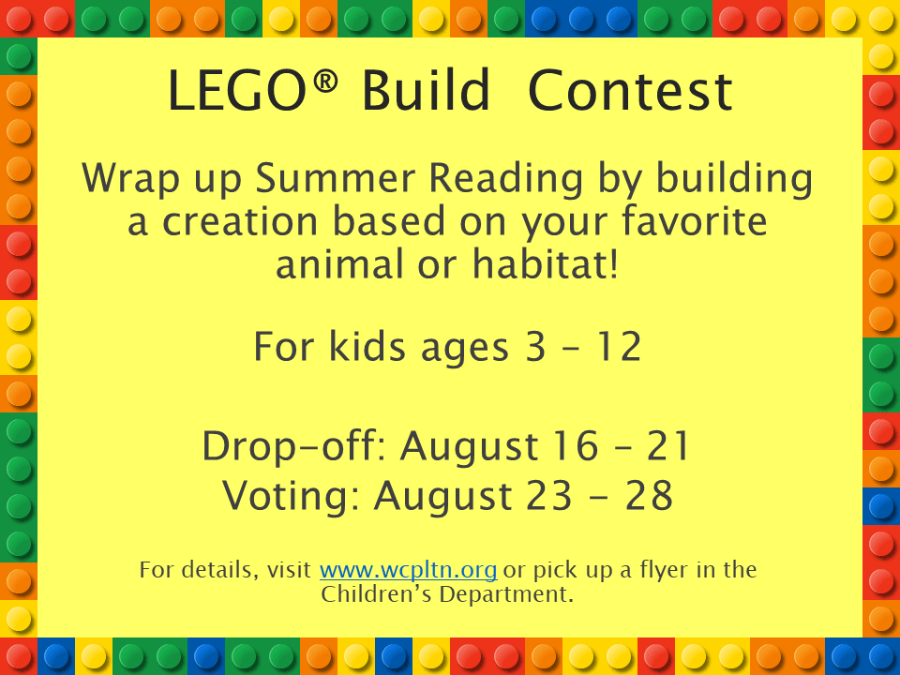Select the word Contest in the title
[630, 93]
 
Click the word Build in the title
[427, 93]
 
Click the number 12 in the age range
[619, 348]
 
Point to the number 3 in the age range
[530, 348]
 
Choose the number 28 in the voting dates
[650, 495]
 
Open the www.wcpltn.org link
[408, 570]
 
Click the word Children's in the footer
[371, 594]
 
